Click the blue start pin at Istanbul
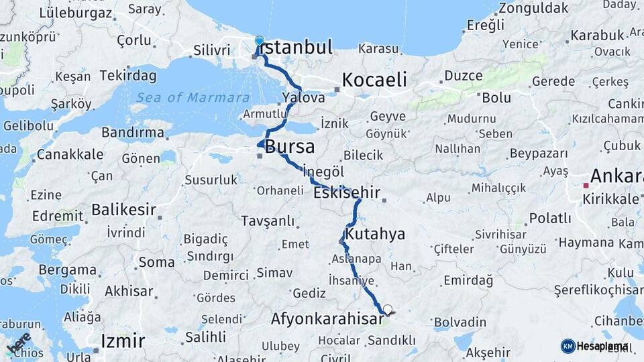[x=260, y=42]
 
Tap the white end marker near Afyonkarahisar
[x=387, y=310]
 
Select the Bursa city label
[x=290, y=146]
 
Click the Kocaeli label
[x=374, y=80]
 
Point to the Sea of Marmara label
[x=193, y=98]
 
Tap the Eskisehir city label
[x=346, y=193]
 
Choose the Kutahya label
[x=376, y=234]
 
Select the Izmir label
[x=123, y=341]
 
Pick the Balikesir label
[x=123, y=210]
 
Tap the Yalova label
[x=303, y=98]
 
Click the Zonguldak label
[x=533, y=9]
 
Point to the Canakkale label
[x=70, y=154]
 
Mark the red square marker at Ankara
[x=586, y=185]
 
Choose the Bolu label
[x=496, y=98]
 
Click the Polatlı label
[x=550, y=219]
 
